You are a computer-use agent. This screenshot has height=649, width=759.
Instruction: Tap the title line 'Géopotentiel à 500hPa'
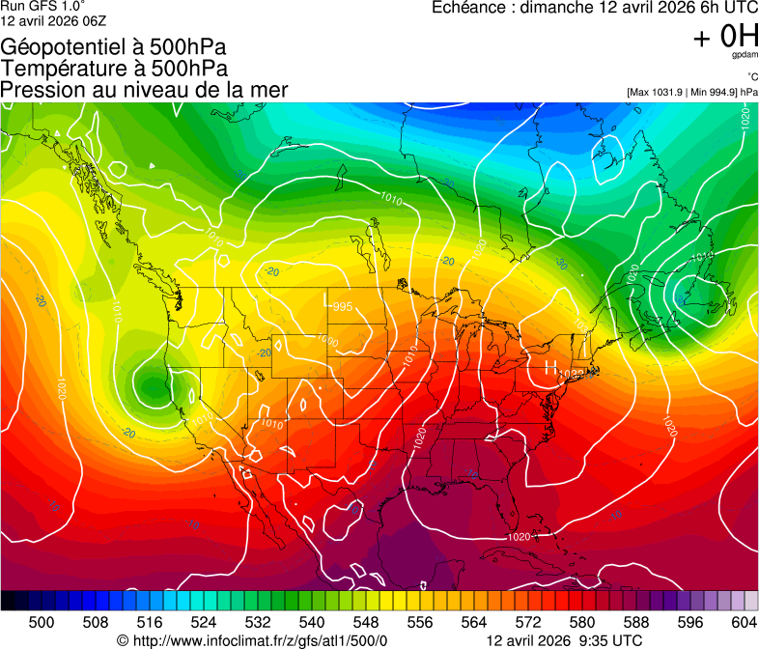[108, 47]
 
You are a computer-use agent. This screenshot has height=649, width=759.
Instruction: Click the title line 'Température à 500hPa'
[114, 69]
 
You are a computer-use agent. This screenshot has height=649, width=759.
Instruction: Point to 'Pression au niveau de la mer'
[144, 90]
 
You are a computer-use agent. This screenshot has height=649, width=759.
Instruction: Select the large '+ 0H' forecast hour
[725, 37]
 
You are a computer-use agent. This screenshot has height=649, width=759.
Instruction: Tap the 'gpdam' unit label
[744, 55]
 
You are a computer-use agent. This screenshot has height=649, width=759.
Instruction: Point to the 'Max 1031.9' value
[661, 92]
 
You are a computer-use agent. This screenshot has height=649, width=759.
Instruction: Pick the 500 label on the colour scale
[42, 621]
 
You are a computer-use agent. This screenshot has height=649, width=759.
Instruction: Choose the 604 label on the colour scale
[744, 621]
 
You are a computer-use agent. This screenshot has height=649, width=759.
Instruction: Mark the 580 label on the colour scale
[581, 621]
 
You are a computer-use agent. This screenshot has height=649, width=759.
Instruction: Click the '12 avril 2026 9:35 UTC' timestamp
[564, 639]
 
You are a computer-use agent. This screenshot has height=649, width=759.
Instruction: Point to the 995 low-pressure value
[342, 307]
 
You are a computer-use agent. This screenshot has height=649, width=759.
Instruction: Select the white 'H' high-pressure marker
[550, 367]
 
